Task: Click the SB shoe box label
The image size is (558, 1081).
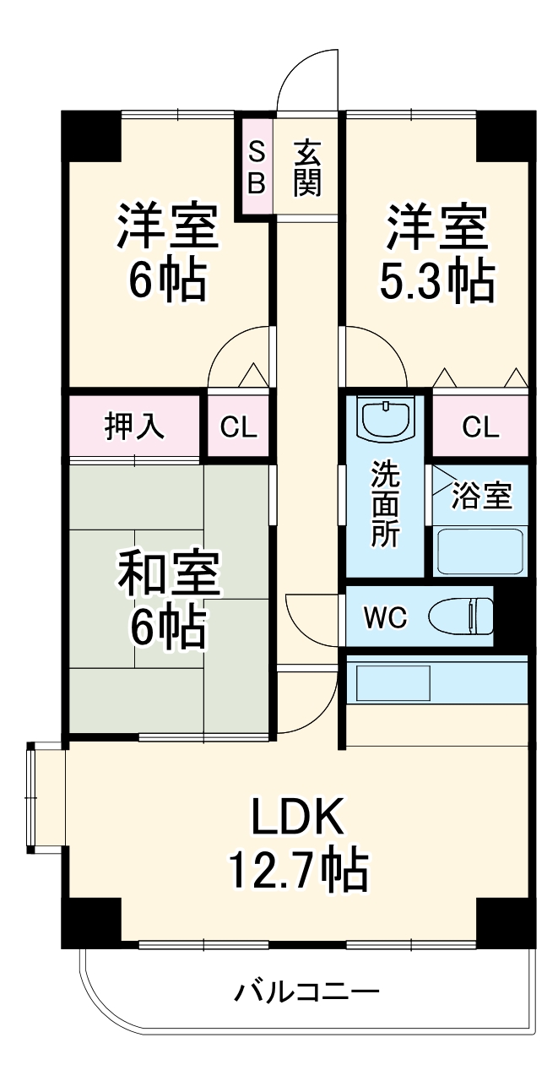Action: (x=257, y=166)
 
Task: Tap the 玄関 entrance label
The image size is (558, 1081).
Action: (x=307, y=167)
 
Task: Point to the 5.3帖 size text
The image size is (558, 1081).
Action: (x=436, y=280)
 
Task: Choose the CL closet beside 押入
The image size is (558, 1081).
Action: (x=239, y=427)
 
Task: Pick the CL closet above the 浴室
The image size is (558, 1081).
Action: (x=480, y=427)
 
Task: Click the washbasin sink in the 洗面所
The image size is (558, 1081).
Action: (x=385, y=417)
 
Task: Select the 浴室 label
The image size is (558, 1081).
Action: (x=481, y=497)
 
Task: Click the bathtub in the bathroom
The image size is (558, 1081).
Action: (x=480, y=551)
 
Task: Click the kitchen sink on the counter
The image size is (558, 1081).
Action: (x=393, y=682)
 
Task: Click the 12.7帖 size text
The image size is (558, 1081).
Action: (x=297, y=868)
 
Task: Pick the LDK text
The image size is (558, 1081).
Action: (x=297, y=818)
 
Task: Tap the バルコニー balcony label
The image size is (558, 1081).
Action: (x=306, y=991)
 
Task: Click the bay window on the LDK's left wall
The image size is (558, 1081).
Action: (x=35, y=799)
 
